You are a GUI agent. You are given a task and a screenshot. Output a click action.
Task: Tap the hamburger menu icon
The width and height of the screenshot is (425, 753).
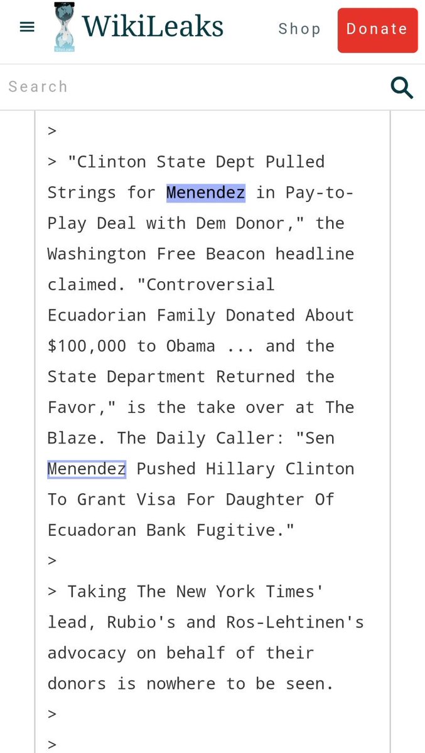(27, 28)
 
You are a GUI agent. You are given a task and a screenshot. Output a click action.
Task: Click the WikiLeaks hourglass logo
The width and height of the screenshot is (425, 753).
(63, 26)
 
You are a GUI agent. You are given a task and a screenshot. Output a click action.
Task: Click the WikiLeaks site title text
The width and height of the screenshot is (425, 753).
(153, 27)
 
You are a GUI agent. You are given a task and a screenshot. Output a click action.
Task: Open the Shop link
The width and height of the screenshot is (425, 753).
(299, 29)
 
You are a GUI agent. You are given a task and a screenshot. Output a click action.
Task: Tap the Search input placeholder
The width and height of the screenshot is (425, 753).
(38, 87)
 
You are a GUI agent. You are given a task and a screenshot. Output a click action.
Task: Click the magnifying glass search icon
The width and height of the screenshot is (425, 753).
(401, 87)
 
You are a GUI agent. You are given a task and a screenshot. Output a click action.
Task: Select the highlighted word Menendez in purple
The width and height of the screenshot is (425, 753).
(205, 193)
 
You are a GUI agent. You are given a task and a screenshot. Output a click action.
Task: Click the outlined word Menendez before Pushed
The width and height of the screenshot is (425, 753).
(87, 469)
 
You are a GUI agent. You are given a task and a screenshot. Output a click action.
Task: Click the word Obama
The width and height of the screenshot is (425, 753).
(190, 346)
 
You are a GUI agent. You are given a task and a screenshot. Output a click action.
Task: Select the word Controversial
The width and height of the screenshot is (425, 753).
(210, 285)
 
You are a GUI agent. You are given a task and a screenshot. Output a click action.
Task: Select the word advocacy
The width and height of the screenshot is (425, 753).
(87, 653)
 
